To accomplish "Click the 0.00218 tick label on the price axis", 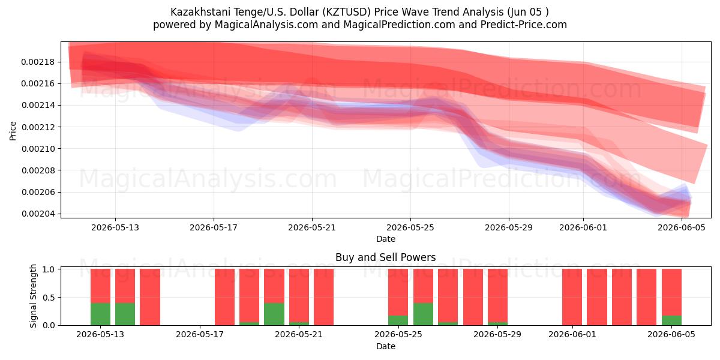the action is (x=38, y=62).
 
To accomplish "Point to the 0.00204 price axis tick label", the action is (x=38, y=214).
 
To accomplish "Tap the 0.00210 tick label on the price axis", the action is (x=38, y=149).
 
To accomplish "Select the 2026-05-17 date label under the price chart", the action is (x=214, y=227).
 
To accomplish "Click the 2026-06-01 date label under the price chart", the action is (x=583, y=227).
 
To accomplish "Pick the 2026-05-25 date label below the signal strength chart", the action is (x=398, y=334).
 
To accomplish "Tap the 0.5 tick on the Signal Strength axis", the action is (x=49, y=298).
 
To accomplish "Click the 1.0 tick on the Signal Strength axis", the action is (x=49, y=269).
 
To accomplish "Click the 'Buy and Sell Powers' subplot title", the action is (x=386, y=257).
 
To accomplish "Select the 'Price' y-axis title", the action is (x=13, y=131).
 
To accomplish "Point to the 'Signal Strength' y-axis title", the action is (x=33, y=296).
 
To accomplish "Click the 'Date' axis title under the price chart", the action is (x=386, y=239).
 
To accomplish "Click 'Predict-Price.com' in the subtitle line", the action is (x=524, y=25).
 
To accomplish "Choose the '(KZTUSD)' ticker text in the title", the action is (x=347, y=12).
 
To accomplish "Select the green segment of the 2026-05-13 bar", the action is (x=100, y=314).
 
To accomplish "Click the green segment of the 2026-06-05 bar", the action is (x=671, y=320).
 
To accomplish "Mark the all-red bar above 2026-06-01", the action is (x=572, y=297).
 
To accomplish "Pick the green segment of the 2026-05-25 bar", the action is (x=398, y=320).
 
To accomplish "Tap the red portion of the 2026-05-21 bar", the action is (x=299, y=295).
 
